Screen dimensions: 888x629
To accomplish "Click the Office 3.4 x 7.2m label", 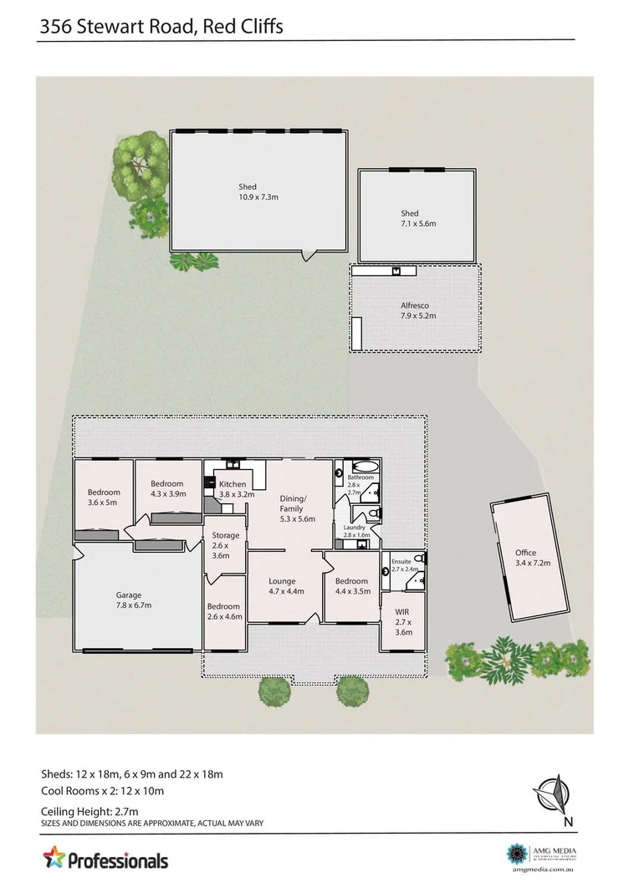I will [x=525, y=558].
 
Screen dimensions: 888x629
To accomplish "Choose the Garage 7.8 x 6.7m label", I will [x=134, y=600].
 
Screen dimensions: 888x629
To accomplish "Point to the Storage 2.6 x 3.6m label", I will [x=226, y=545].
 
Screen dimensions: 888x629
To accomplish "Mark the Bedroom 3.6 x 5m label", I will [x=105, y=498].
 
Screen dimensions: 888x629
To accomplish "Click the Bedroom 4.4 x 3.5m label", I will [x=351, y=586].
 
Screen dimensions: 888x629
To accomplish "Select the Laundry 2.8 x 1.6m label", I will [x=355, y=530].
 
